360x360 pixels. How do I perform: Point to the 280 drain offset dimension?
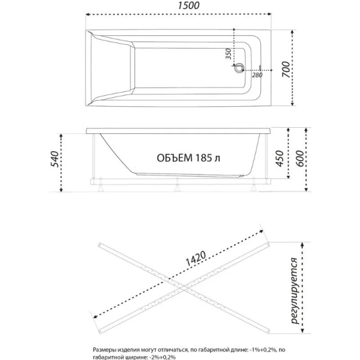[257, 74]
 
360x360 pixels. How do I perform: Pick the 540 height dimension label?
[56, 160]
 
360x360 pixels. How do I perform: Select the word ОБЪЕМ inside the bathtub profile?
[173, 158]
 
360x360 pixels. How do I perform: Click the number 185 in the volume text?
[203, 158]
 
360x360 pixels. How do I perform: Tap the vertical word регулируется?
[295, 290]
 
